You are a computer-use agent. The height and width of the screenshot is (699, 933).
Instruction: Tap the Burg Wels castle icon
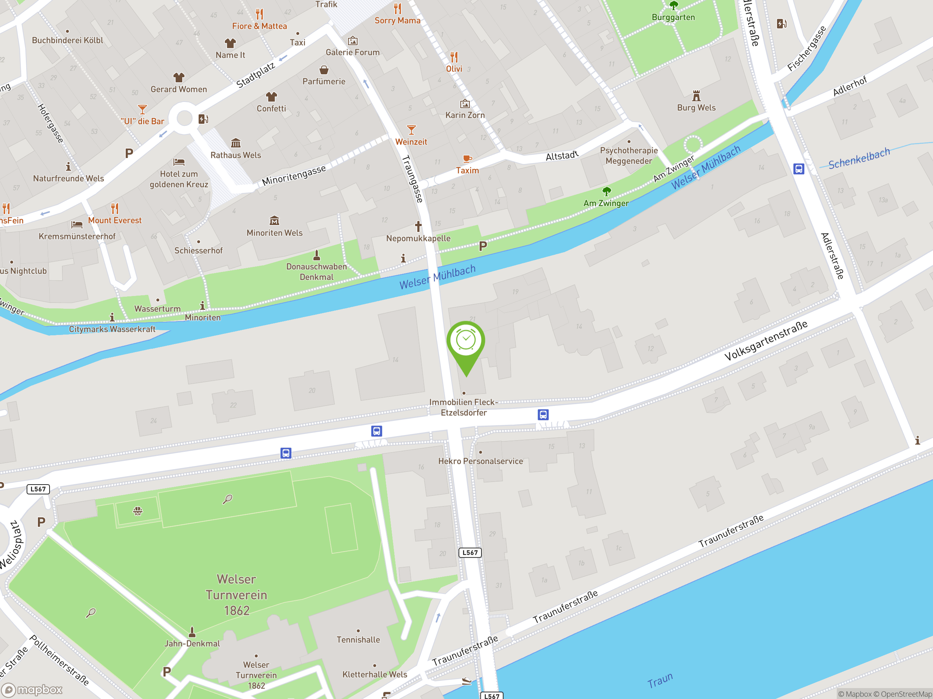(x=696, y=96)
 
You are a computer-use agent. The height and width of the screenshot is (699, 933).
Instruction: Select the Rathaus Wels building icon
(x=236, y=143)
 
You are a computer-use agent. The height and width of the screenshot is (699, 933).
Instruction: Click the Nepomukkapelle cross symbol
(x=418, y=226)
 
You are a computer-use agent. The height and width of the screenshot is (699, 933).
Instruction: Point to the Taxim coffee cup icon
(x=467, y=159)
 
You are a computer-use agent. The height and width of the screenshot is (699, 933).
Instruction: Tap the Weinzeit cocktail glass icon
(x=411, y=130)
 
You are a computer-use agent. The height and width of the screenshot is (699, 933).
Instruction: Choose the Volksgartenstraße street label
(x=766, y=340)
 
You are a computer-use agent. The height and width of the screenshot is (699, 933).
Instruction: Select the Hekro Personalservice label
(x=480, y=461)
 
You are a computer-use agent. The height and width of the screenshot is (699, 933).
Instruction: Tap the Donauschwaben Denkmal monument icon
(x=316, y=255)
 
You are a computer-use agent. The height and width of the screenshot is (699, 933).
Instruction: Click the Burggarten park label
(x=673, y=17)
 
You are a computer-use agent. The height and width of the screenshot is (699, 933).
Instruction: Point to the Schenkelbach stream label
(x=859, y=158)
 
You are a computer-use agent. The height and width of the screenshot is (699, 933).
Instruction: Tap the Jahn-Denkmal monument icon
(x=192, y=632)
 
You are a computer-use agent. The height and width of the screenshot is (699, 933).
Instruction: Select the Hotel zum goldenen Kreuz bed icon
(x=179, y=162)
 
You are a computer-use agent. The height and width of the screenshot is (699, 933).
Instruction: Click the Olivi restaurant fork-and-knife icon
(x=454, y=57)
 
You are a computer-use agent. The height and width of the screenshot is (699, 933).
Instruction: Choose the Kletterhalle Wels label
(x=375, y=675)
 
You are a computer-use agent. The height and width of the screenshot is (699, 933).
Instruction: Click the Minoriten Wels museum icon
(x=274, y=220)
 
